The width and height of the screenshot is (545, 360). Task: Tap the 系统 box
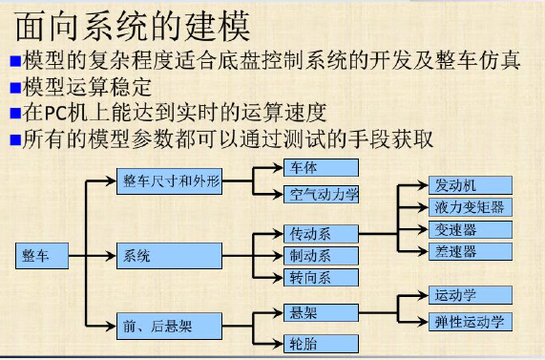click(169, 255)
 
